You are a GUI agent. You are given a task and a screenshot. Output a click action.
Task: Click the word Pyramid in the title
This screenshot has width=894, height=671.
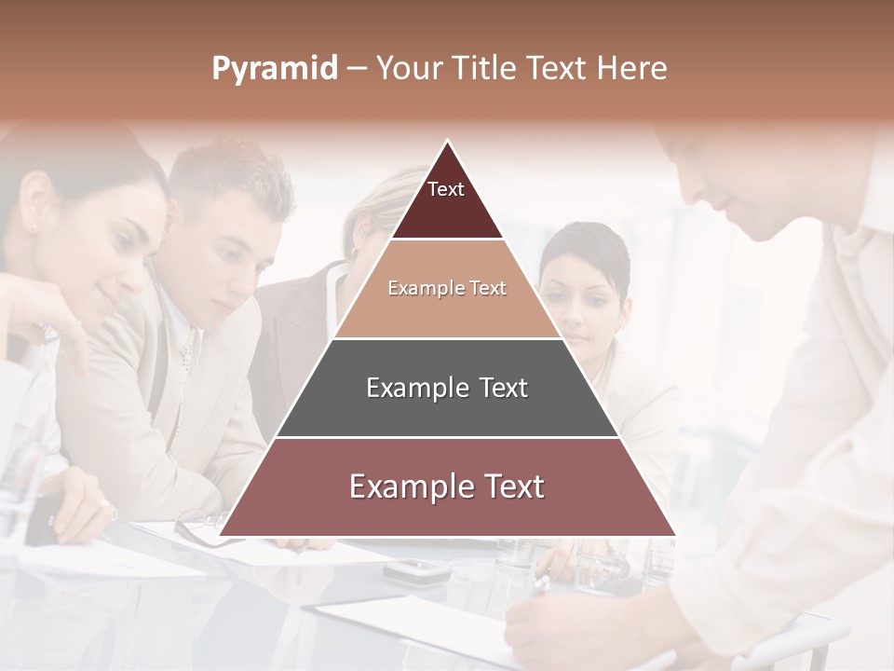click(274, 69)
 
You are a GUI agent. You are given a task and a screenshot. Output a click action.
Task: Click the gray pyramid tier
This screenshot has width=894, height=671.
click(447, 388)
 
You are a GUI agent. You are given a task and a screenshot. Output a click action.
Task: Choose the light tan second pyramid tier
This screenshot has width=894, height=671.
click(447, 288)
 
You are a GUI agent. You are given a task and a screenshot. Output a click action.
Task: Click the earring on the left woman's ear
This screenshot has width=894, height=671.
click(34, 225)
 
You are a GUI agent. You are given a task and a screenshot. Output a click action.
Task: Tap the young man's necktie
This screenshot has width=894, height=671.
click(185, 353)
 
